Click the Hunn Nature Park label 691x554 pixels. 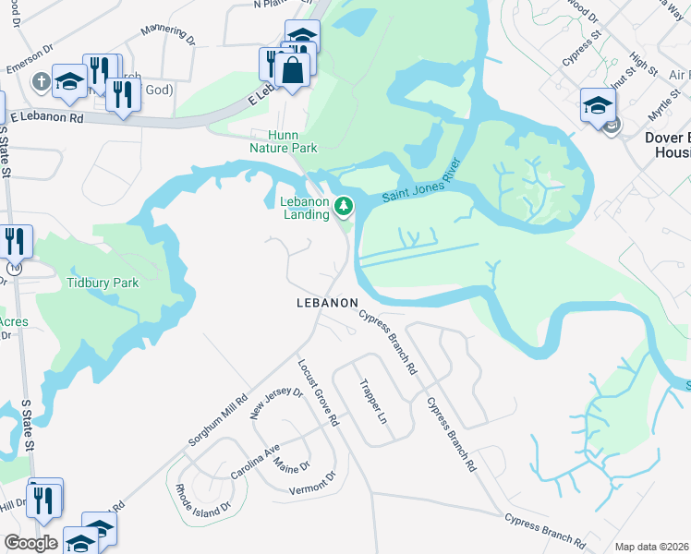pos(284,140)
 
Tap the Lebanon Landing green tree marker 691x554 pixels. pos(345,205)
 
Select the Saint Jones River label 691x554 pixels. pos(421,190)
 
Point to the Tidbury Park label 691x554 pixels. pos(102,283)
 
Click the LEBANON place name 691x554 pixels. pos(327,303)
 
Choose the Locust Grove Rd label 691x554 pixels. pos(318,393)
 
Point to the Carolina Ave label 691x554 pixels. pos(255,461)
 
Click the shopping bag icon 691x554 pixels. pos(292,70)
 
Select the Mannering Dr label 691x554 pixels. pos(168,35)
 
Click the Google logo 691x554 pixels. pos(30,543)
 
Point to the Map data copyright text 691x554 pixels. pos(652,547)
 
